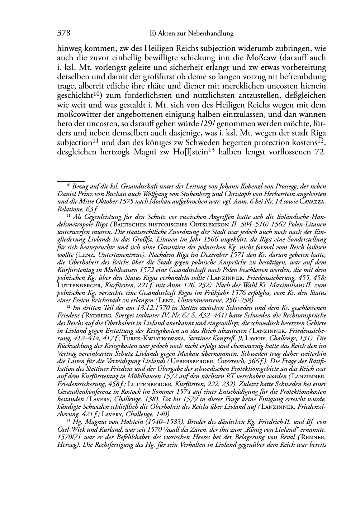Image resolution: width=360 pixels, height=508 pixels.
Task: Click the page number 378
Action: (63, 33)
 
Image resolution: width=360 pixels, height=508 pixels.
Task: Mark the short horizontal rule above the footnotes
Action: (71, 182)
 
